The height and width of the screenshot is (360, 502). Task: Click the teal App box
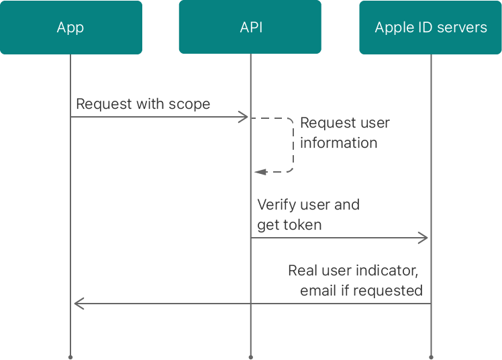point(70,28)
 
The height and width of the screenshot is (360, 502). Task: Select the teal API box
point(250,28)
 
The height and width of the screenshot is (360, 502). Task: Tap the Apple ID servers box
point(430,28)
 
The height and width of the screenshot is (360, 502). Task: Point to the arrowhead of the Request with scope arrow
point(244,118)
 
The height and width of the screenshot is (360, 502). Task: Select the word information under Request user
point(338,142)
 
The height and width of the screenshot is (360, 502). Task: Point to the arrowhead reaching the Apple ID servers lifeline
point(423,238)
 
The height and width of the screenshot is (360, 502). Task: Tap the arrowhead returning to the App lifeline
point(78,304)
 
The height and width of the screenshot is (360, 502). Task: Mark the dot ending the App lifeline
point(70,357)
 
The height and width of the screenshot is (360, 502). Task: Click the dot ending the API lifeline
point(250,357)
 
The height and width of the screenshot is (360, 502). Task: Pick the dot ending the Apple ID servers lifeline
point(431,357)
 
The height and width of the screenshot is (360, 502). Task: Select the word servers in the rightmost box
point(463,28)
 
